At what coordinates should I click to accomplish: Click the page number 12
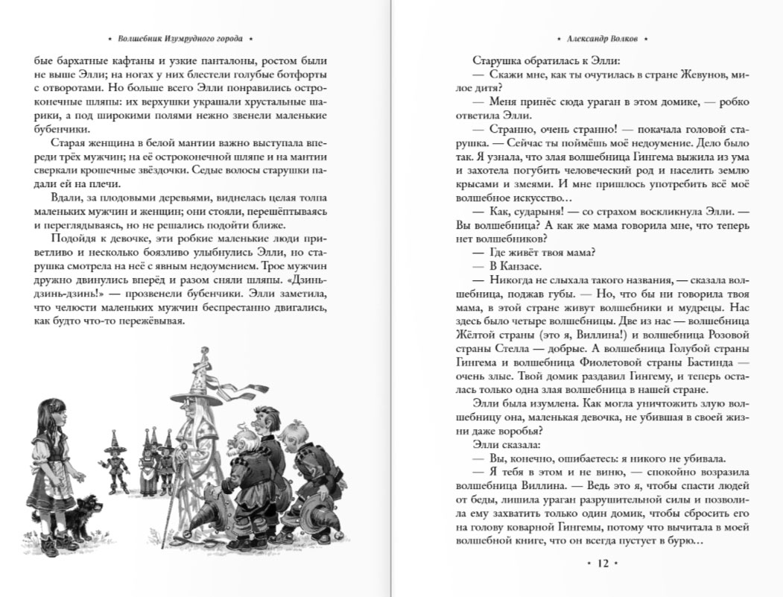pos(603,564)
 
